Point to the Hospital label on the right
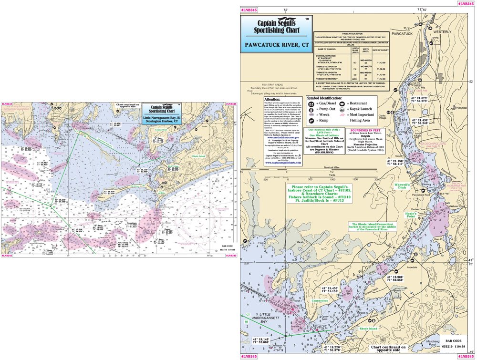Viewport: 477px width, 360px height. click(x=461, y=108)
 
